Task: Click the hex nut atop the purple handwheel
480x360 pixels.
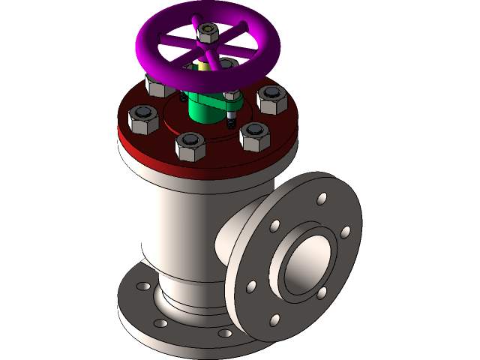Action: tap(207, 32)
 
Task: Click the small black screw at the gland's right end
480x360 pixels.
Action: tap(232, 121)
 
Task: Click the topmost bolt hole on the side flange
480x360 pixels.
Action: tap(322, 199)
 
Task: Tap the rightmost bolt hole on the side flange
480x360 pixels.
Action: tap(345, 232)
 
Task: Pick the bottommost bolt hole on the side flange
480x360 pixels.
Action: tap(274, 320)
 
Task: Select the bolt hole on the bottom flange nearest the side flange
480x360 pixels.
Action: tap(222, 332)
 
